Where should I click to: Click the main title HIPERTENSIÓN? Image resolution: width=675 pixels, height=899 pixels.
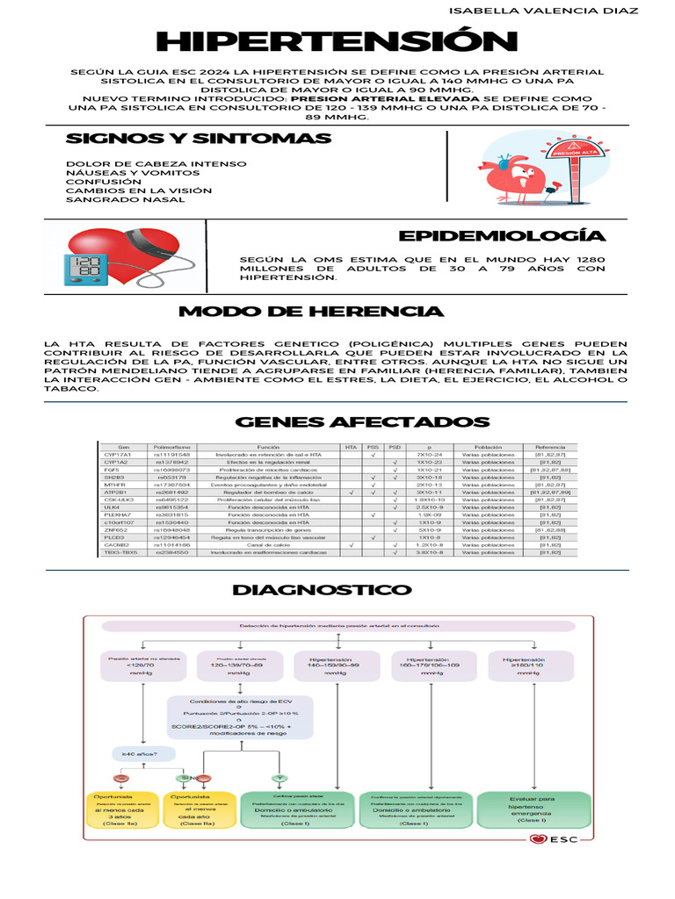[x=337, y=41]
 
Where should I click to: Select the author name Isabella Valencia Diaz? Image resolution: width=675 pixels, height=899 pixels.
[x=543, y=11]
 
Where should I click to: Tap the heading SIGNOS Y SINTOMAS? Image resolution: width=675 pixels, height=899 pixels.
[x=199, y=139]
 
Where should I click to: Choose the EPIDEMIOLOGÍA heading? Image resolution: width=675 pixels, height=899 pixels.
[x=501, y=236]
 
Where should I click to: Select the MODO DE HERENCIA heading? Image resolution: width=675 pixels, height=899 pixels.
[x=311, y=312]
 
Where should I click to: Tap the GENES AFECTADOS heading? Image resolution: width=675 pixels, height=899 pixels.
[x=361, y=422]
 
